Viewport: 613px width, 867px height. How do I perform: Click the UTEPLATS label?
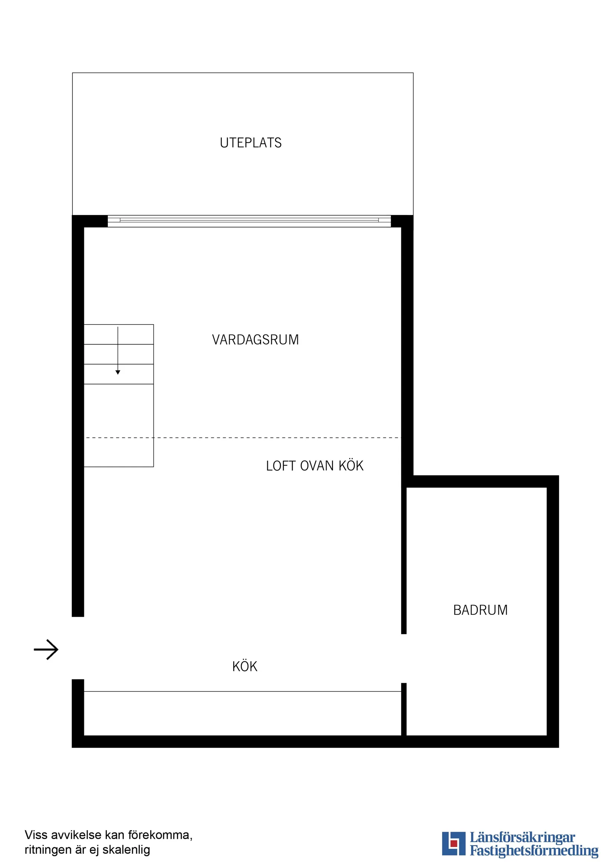click(250, 143)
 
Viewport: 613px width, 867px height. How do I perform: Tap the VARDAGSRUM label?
click(255, 340)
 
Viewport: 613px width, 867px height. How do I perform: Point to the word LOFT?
click(280, 466)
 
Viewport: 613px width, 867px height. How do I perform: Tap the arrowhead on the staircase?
click(118, 372)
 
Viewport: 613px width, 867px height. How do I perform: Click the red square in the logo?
click(454, 843)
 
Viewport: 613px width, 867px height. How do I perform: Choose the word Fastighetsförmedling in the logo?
click(534, 851)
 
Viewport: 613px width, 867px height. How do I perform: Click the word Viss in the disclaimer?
click(36, 835)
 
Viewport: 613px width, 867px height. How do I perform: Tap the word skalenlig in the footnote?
click(126, 850)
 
